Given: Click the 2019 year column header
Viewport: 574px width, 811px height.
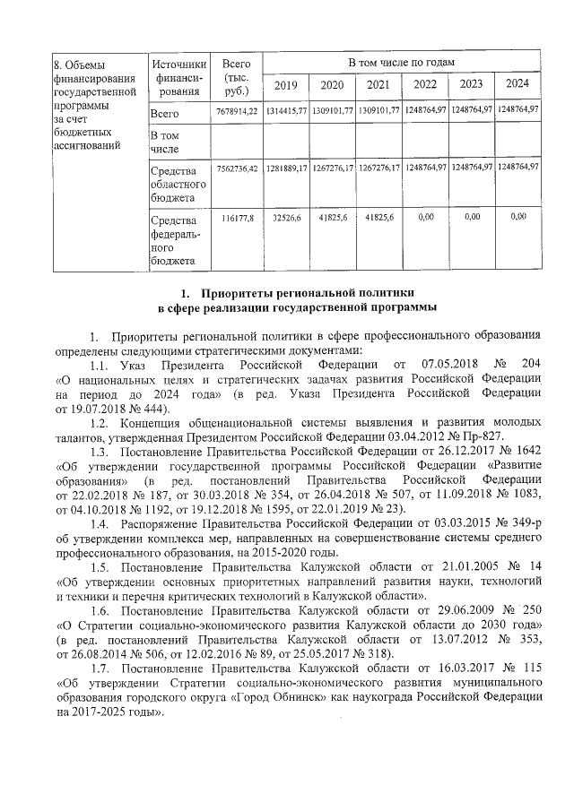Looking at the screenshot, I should (x=285, y=85).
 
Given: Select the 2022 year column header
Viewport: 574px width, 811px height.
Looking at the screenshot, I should (x=424, y=85).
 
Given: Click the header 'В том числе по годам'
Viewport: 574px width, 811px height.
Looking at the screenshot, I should (x=402, y=62).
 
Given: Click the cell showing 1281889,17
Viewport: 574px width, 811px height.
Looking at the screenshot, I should (x=286, y=168).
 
